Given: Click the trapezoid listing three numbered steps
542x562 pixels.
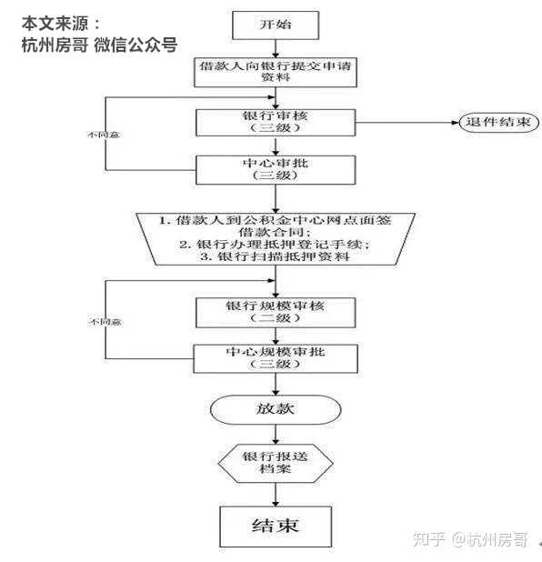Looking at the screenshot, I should [x=276, y=238].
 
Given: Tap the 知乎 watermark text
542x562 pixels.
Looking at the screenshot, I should [x=428, y=539].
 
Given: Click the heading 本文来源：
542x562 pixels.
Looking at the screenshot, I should [x=61, y=23].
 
